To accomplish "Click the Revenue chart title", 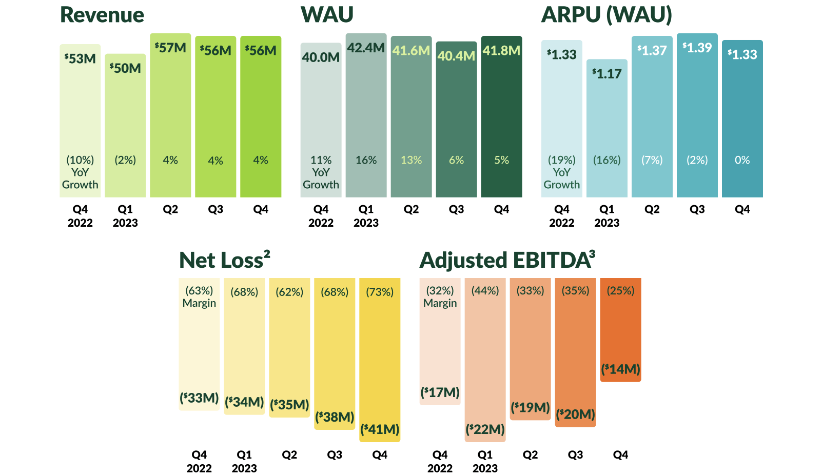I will tap(102, 15).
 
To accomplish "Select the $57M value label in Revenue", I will tap(170, 48).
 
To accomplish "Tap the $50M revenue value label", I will tap(125, 68).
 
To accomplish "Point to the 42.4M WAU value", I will tap(366, 48).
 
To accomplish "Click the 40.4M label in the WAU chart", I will tap(456, 55).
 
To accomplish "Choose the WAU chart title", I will tap(327, 15).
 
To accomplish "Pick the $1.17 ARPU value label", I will tap(606, 74).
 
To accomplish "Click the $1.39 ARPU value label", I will tap(697, 48).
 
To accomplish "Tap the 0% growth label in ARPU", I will tap(742, 160).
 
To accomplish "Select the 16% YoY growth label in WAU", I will tap(366, 160).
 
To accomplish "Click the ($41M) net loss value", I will tap(380, 429).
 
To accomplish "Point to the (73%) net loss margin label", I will tap(380, 292).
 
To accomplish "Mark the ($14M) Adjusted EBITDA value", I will tap(620, 369).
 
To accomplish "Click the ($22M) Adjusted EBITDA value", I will tap(485, 429).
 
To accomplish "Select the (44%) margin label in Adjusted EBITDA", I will tap(485, 291).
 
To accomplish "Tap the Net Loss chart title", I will tap(224, 260).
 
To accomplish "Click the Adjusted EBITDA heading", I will tap(507, 260).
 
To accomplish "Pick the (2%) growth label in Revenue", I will tap(125, 160).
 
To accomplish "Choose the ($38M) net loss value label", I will tap(335, 417).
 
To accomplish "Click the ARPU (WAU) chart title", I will tap(606, 15).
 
